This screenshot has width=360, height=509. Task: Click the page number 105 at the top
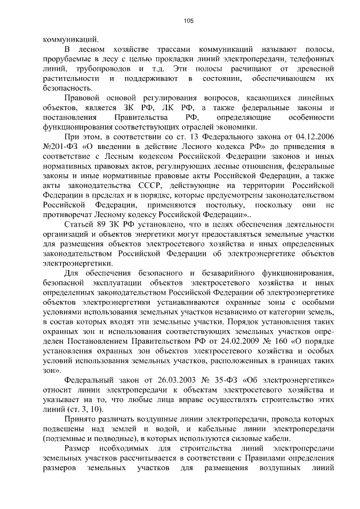pyautogui.click(x=188, y=21)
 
